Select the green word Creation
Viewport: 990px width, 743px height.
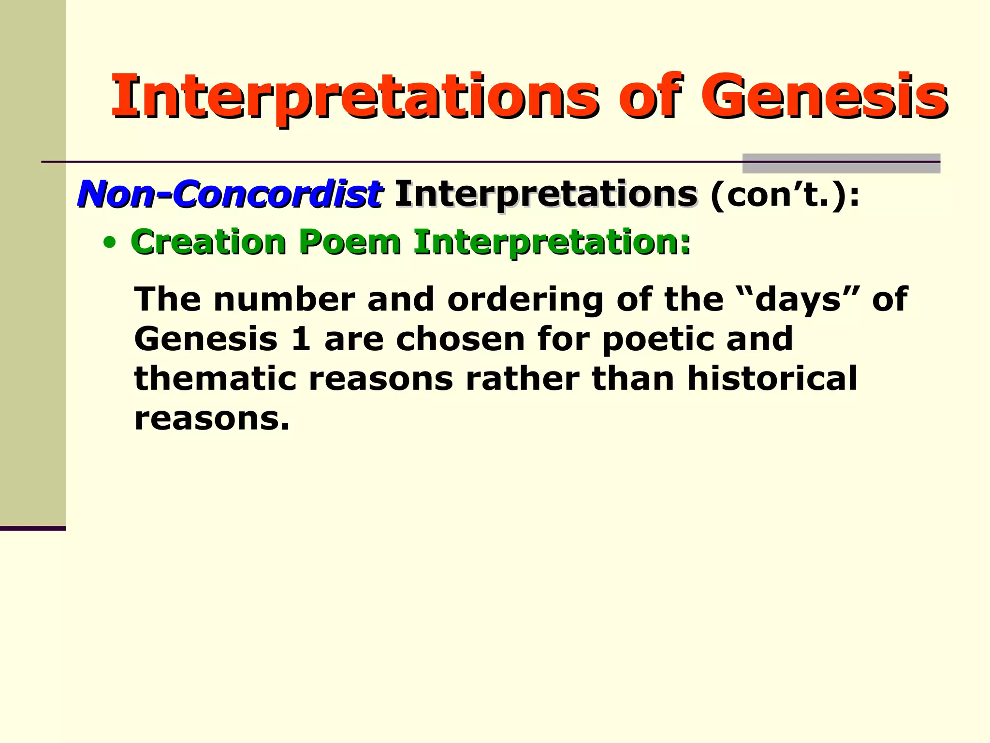tap(209, 241)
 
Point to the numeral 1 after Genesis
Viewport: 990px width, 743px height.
tap(301, 339)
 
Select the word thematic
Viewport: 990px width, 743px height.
tap(215, 378)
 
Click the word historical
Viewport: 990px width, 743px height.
tap(772, 378)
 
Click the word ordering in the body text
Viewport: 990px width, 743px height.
tap(525, 299)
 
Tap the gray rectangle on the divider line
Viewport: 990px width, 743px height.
tap(841, 163)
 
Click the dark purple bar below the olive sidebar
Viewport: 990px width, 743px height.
tap(33, 528)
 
